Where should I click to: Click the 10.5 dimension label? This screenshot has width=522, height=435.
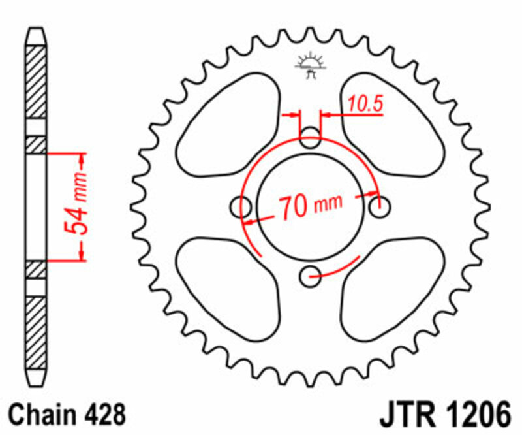365,103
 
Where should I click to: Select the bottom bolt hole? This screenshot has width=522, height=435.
311,276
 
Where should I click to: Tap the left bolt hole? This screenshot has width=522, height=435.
241,207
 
